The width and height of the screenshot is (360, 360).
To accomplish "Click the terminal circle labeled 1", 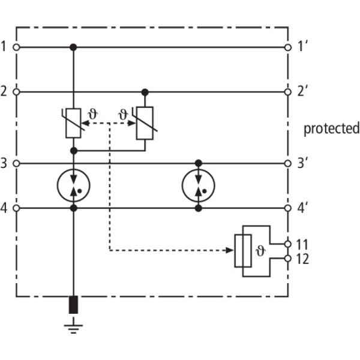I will coord(17,46).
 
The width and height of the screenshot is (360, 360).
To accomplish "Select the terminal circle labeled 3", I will coord(17,163).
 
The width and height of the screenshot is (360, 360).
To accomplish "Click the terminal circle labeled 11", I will coord(288,244).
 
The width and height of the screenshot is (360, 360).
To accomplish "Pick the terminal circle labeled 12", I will coord(288,259).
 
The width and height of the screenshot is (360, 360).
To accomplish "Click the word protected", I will coord(331,128).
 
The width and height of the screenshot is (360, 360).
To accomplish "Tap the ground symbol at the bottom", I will coord(74,327).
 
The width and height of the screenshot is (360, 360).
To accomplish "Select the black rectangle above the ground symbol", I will coord(74,305).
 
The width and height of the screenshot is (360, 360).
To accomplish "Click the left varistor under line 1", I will coord(74,122).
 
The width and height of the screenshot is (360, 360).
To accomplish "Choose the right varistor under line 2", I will coord(145,122).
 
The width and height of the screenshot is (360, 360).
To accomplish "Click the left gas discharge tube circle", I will coord(74,185).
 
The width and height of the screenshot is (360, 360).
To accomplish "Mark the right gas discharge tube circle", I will coord(198,185).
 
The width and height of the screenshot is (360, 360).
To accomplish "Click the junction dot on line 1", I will coord(74,46).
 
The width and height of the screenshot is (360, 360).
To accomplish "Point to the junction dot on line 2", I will coord(145,92).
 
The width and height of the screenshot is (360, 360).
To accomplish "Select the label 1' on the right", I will coord(304,46).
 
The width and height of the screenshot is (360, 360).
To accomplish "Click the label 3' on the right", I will coord(304,163).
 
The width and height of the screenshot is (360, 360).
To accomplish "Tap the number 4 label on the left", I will coord(5,208).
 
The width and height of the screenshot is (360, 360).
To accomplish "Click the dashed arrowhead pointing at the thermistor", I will coord(234,250).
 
